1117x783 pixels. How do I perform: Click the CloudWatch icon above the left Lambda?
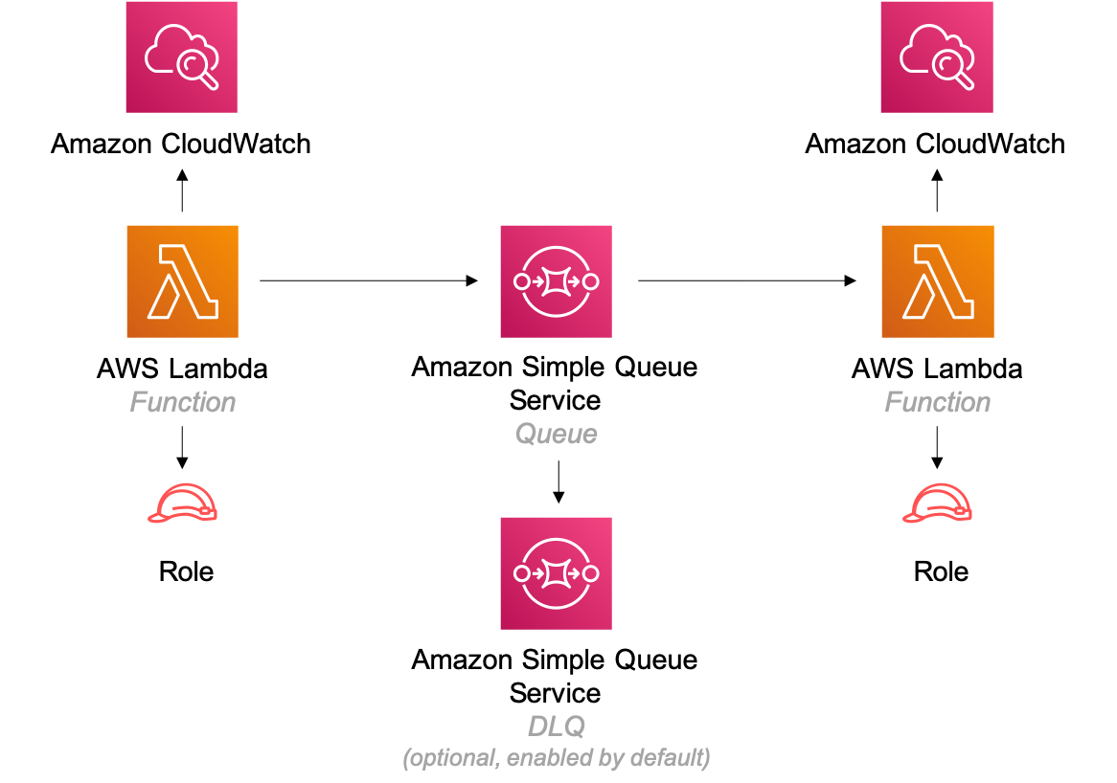[x=181, y=56]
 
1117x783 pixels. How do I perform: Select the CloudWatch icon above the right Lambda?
[x=936, y=56]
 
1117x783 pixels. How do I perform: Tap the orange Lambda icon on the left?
[x=182, y=281]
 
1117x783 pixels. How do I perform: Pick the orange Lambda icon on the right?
[x=937, y=281]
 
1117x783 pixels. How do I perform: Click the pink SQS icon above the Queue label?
[x=556, y=281]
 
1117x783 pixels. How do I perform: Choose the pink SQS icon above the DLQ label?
[x=556, y=573]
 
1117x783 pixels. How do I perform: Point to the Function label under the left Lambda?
[x=182, y=402]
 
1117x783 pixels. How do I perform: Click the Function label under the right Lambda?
[x=937, y=402]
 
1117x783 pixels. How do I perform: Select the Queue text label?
[x=556, y=435]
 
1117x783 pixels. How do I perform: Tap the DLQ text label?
[x=556, y=727]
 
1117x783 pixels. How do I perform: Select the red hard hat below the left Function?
[x=182, y=503]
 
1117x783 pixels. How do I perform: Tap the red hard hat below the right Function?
[x=937, y=503]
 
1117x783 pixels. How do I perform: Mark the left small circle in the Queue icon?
[x=522, y=281]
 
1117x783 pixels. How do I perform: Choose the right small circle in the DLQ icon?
[x=590, y=573]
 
